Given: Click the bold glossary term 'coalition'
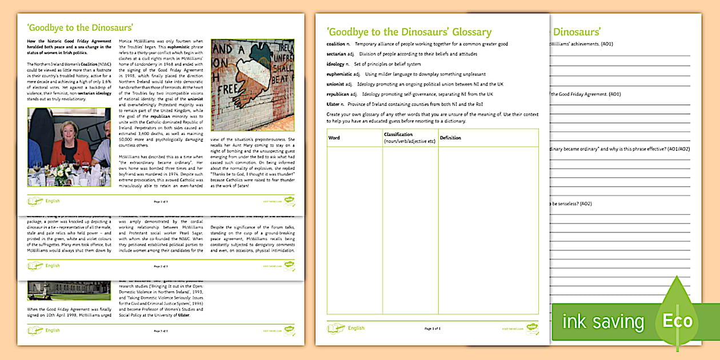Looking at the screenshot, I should click(335, 44).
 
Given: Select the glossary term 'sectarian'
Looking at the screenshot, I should click(336, 54).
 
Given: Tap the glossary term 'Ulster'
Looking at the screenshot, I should click(333, 104).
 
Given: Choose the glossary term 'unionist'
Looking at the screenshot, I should click(335, 84).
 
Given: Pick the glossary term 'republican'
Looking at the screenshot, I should click(338, 94).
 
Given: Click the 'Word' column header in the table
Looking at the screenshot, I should click(334, 138).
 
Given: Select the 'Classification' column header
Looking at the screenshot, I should click(399, 135).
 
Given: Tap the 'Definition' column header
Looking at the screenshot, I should click(450, 138).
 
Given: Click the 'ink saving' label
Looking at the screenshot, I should click(603, 322).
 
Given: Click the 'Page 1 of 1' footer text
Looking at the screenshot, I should click(433, 329).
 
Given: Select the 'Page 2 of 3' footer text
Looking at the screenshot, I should click(161, 266).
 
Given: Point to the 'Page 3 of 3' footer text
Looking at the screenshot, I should click(161, 331).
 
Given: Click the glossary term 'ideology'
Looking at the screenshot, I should click(336, 64).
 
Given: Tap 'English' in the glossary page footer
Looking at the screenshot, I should click(356, 328).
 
